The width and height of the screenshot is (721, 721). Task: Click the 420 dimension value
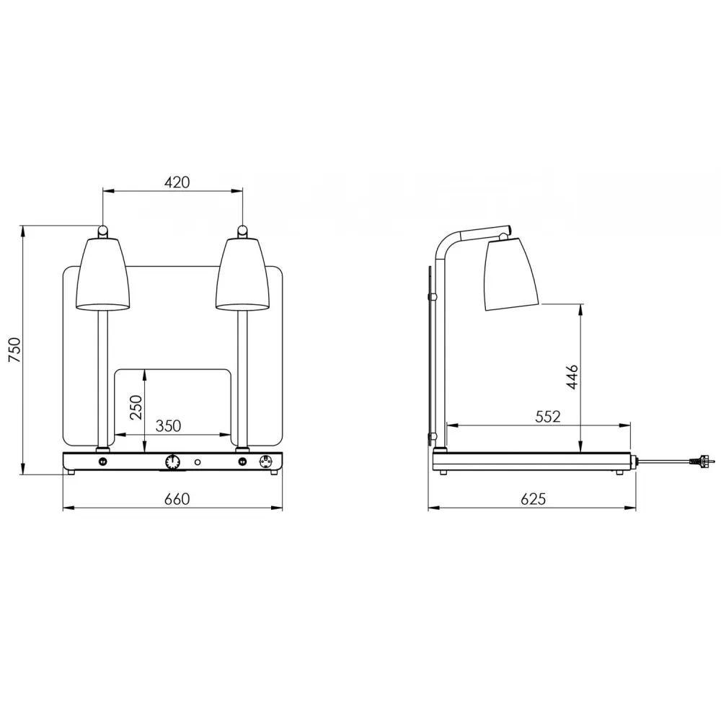pyautogui.click(x=177, y=182)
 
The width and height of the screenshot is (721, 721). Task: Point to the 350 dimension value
pyautogui.click(x=168, y=426)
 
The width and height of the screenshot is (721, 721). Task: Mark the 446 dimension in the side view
pyautogui.click(x=572, y=377)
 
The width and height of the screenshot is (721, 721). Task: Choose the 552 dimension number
pyautogui.click(x=548, y=416)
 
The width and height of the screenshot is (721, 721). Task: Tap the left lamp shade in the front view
pyautogui.click(x=103, y=274)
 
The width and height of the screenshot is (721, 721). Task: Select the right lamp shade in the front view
pyautogui.click(x=243, y=274)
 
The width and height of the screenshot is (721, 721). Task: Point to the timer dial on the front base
pyautogui.click(x=172, y=461)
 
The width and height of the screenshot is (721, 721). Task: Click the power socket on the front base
pyautogui.click(x=264, y=461)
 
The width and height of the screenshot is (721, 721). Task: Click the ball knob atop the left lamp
pyautogui.click(x=103, y=231)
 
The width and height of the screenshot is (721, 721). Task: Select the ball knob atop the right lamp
pyautogui.click(x=243, y=231)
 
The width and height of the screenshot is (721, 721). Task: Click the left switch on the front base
pyautogui.click(x=103, y=461)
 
